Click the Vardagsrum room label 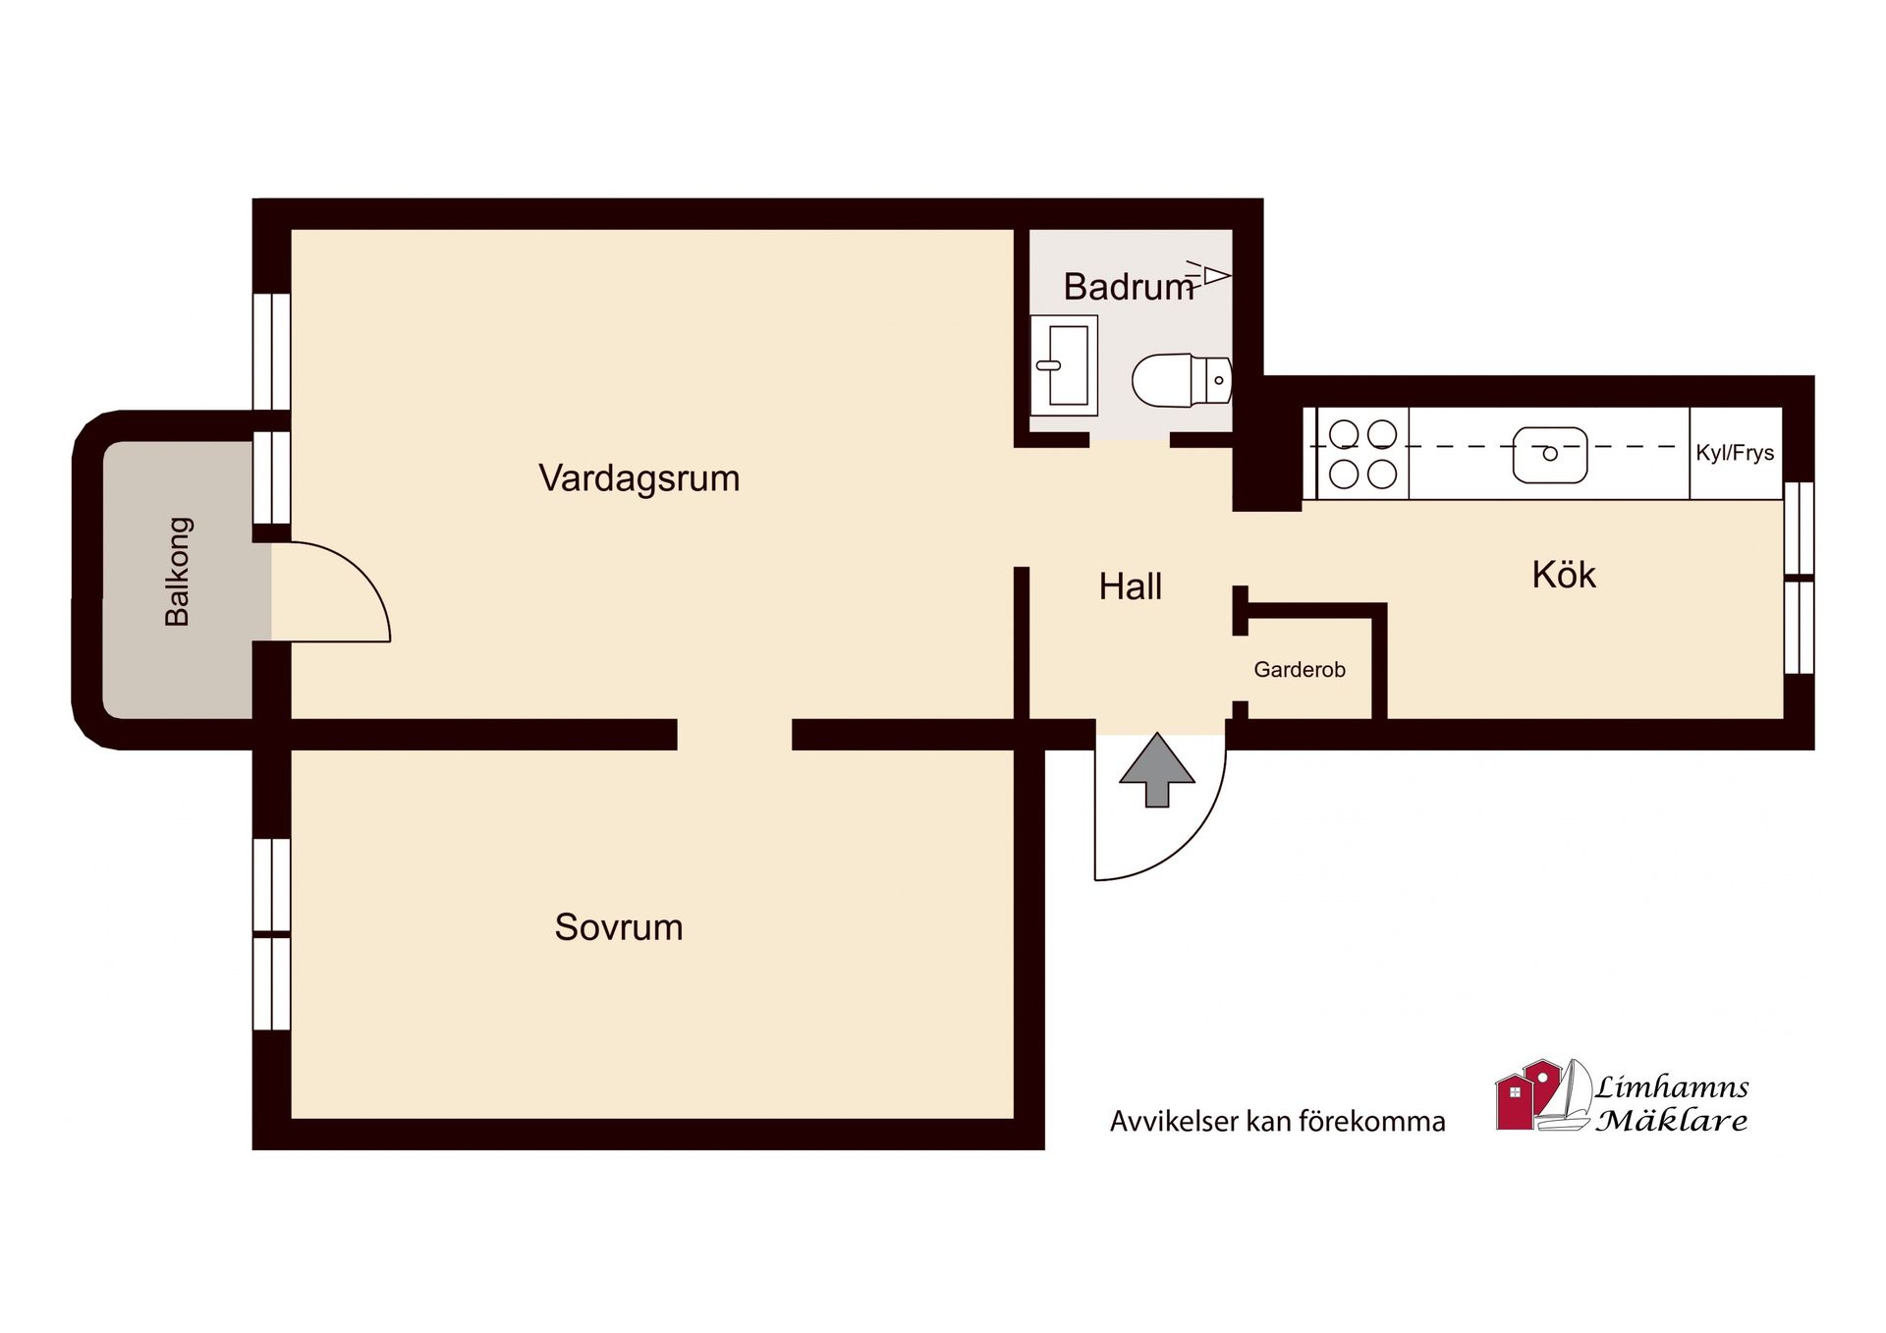tap(638, 478)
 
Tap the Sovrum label tap(618, 927)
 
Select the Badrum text tap(1128, 287)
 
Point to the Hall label tap(1130, 586)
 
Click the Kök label tap(1563, 575)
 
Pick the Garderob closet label tap(1299, 670)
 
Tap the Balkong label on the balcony tap(178, 572)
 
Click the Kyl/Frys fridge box tap(1735, 453)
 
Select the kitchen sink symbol tap(1549, 454)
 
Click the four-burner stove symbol tap(1362, 454)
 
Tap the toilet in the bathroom tap(1179, 380)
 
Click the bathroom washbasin tap(1064, 365)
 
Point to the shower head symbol tap(1211, 274)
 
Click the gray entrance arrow tap(1157, 770)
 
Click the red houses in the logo tap(1526, 1096)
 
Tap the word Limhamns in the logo tap(1671, 1087)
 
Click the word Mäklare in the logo tap(1671, 1121)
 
